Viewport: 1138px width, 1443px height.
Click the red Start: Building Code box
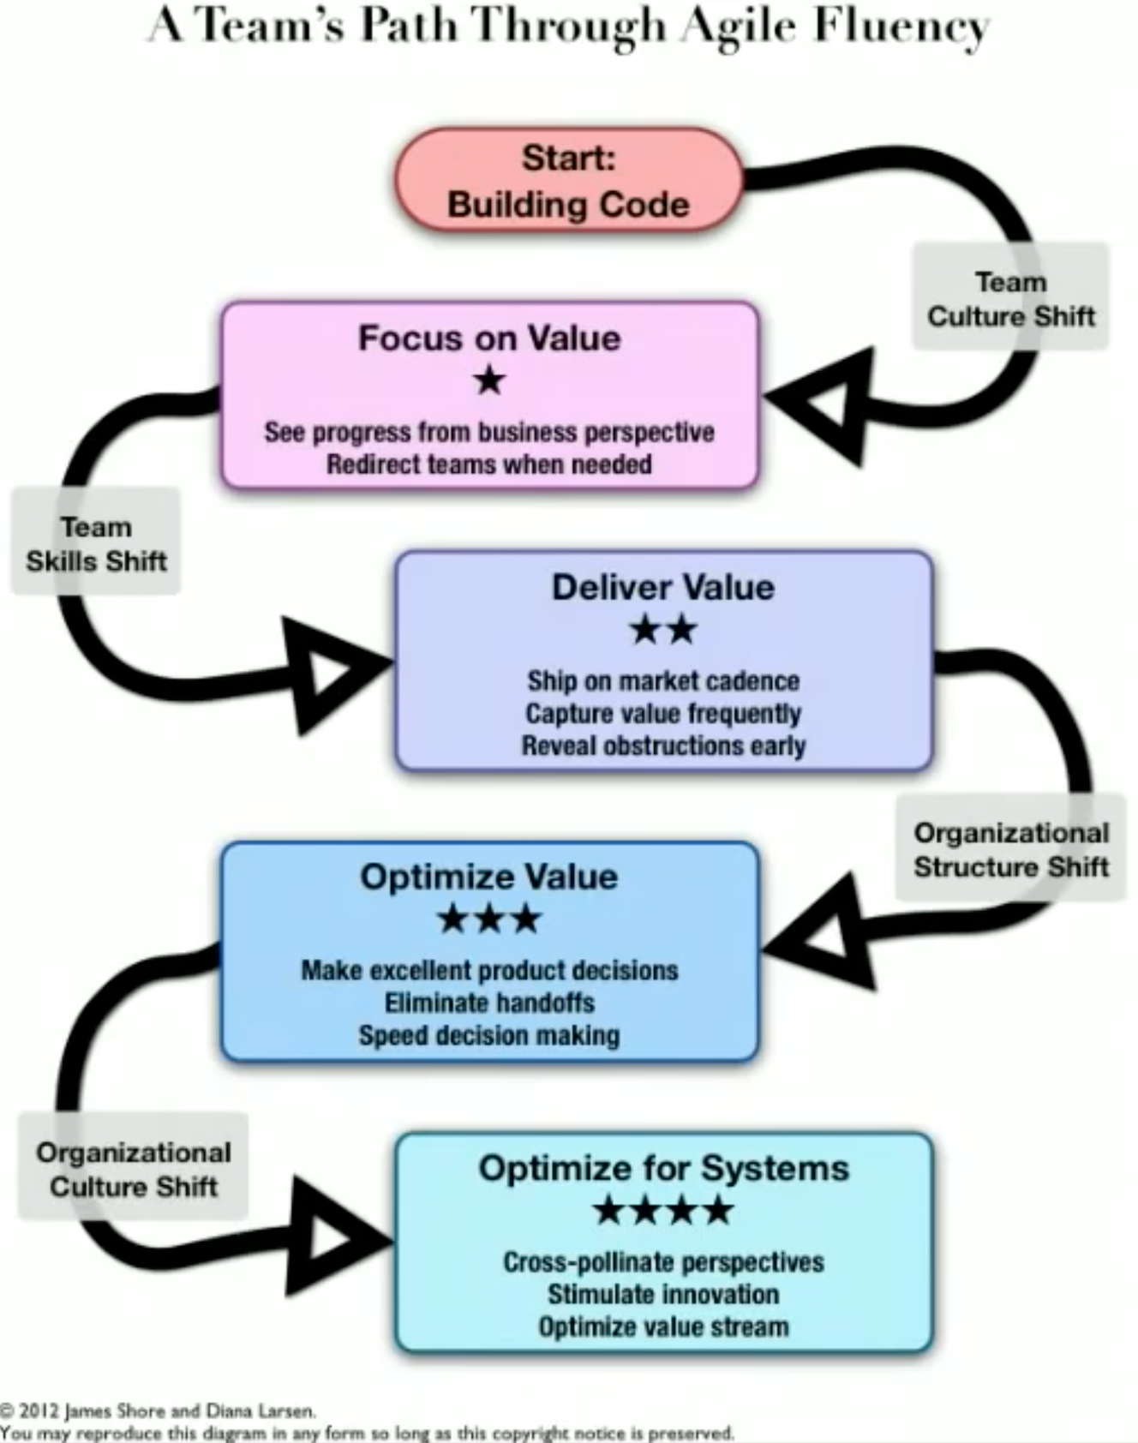(x=569, y=181)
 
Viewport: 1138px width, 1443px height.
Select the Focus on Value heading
(x=489, y=338)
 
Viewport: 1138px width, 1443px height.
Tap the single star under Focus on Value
(x=489, y=380)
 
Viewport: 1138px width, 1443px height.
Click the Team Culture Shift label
(x=1010, y=298)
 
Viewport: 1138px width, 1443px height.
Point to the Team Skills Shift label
(x=96, y=543)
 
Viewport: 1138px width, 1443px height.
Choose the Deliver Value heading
(x=663, y=587)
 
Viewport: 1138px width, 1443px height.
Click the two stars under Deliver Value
(x=663, y=630)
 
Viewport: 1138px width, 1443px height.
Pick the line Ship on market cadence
(x=663, y=680)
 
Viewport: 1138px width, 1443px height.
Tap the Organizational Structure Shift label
(x=1011, y=849)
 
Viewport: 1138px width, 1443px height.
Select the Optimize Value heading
(x=489, y=877)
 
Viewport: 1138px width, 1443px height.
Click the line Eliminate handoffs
(x=489, y=1003)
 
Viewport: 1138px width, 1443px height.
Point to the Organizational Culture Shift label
(x=134, y=1169)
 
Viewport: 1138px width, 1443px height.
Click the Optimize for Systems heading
(x=663, y=1168)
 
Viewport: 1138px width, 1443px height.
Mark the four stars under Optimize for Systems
(x=663, y=1211)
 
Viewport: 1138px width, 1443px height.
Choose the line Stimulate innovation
(x=663, y=1294)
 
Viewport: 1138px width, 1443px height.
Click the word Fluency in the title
(x=901, y=27)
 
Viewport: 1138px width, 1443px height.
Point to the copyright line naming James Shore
(x=159, y=1410)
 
